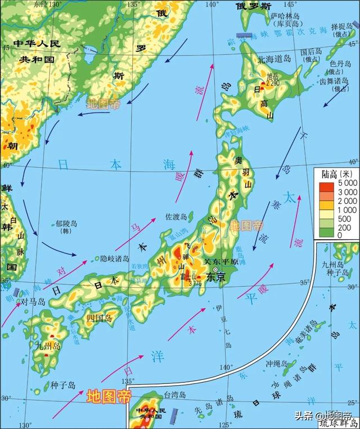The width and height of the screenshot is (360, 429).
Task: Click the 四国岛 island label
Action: pos(100,318)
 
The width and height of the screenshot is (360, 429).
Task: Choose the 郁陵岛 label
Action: pos(66,224)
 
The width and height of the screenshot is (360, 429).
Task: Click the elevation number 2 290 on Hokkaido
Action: pos(273,83)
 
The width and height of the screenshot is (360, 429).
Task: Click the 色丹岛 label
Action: pos(336,64)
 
